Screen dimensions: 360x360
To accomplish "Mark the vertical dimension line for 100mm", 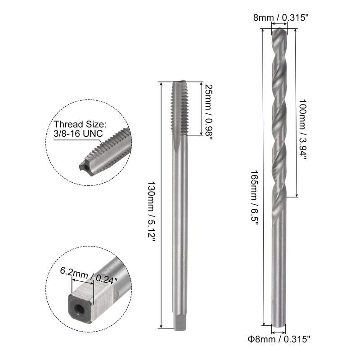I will click(x=297, y=112).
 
